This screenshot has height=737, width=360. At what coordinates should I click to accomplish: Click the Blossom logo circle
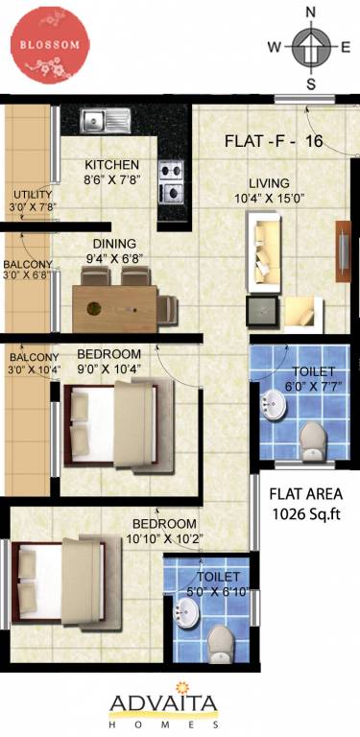(x=49, y=45)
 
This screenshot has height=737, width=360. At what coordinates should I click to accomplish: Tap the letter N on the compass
(x=310, y=12)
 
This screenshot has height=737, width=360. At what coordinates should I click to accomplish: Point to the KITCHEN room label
(x=111, y=163)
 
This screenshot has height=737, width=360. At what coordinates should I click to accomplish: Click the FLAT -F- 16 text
(x=273, y=141)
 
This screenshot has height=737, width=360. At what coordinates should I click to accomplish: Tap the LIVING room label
(x=269, y=182)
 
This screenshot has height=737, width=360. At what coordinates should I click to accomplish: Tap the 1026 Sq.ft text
(x=306, y=513)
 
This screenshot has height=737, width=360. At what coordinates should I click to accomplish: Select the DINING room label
(x=114, y=244)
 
